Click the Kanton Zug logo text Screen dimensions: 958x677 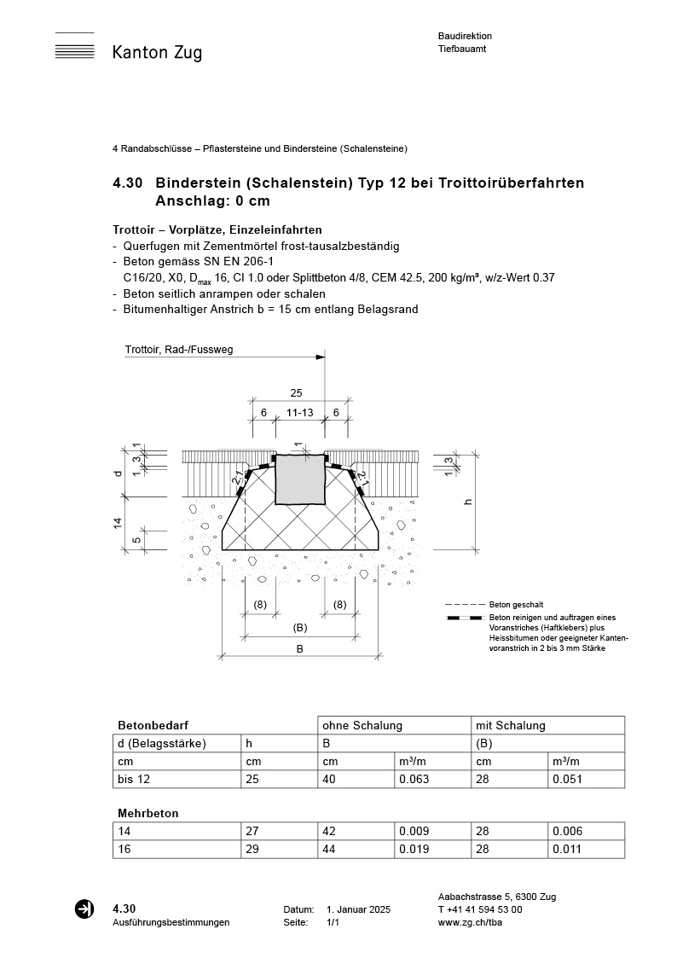coord(157,53)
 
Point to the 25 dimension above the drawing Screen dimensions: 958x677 coord(296,393)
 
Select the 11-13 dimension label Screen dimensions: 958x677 coord(299,412)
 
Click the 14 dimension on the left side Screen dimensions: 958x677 coord(119,523)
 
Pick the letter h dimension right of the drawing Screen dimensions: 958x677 coord(468,502)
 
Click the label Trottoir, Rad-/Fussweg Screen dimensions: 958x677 coord(178,350)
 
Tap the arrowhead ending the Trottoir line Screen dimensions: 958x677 coord(321,357)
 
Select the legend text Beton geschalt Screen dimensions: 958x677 coord(516,604)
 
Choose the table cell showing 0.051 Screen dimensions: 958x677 coord(567,779)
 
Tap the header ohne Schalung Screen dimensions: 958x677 coord(362,725)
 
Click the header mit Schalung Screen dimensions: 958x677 coord(510,725)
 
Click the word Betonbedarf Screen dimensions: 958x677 coord(147,725)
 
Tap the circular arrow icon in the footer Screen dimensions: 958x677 coord(84,909)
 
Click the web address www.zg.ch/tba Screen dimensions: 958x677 coord(469,922)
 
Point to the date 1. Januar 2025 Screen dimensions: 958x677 coord(358,910)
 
